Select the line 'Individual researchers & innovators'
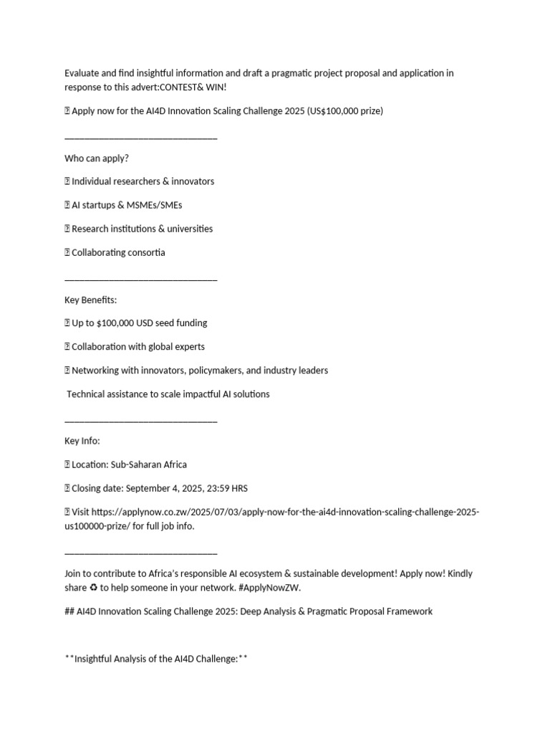click(143, 181)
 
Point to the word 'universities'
click(188, 229)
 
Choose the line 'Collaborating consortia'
click(118, 252)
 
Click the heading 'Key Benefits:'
click(90, 300)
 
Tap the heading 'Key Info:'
click(82, 441)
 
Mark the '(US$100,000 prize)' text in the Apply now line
click(343, 111)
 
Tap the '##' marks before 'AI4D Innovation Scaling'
click(69, 611)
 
